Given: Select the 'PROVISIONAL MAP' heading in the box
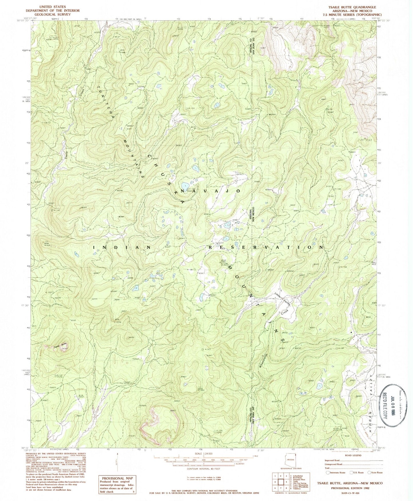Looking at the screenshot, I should (117, 478).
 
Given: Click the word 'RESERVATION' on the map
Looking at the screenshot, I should (266, 247).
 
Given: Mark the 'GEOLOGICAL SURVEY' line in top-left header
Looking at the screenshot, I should (47, 14).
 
